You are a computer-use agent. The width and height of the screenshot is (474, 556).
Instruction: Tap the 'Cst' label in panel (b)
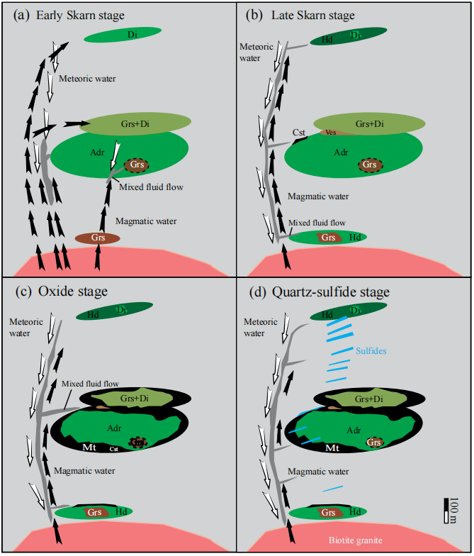(299, 132)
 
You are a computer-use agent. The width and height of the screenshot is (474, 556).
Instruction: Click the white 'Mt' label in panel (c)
(90, 447)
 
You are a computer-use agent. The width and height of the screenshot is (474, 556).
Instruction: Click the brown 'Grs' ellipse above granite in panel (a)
(98, 238)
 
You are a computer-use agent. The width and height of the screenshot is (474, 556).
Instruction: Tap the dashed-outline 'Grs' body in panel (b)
(369, 165)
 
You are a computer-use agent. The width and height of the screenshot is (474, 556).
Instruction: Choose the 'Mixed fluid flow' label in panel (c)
(90, 384)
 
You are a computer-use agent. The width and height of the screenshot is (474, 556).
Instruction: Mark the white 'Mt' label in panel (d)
(331, 448)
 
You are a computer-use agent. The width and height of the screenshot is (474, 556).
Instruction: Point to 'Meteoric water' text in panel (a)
(87, 78)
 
